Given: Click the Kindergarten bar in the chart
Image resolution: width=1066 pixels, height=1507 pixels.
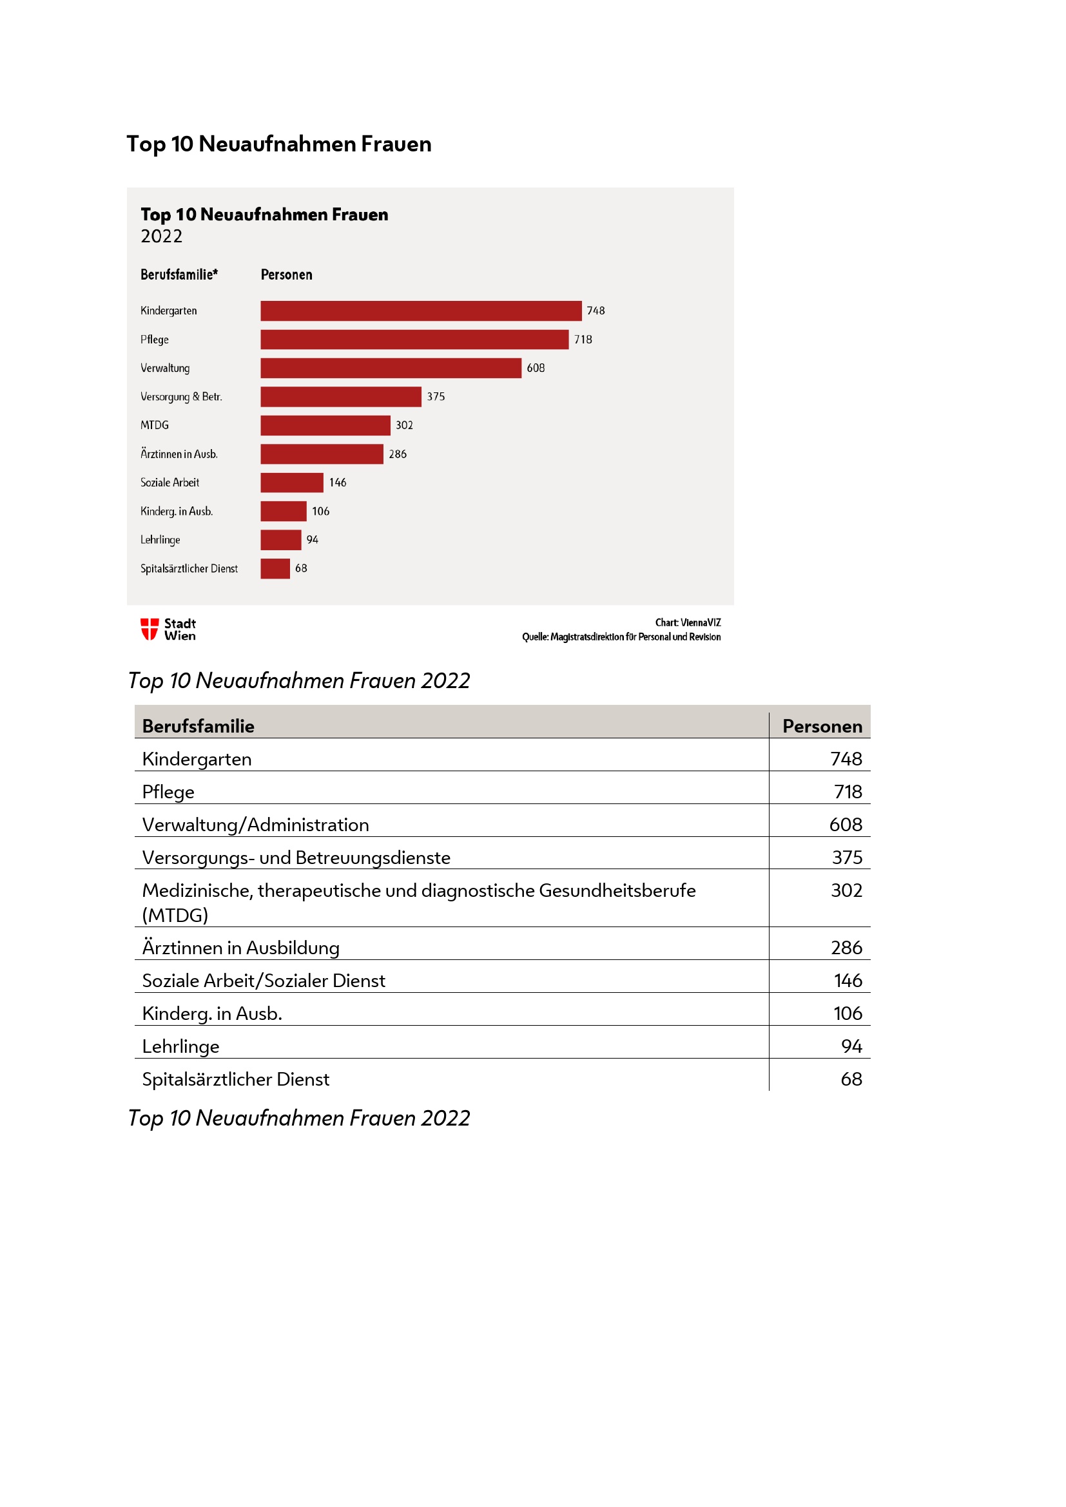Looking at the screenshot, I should click(x=421, y=311).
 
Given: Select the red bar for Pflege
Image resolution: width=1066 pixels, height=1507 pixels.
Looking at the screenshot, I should click(x=414, y=340).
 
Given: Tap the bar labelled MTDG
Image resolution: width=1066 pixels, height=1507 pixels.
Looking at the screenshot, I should click(x=325, y=425).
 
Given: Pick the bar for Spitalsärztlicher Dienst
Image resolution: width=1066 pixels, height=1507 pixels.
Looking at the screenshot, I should click(x=275, y=568).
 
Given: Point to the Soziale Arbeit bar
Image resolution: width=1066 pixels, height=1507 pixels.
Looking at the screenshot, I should click(x=291, y=483).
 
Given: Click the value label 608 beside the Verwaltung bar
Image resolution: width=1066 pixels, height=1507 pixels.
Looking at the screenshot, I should click(x=536, y=369).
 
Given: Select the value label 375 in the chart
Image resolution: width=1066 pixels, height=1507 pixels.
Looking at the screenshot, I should click(x=436, y=396).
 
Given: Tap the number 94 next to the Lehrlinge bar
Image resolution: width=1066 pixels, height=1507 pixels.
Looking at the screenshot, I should click(x=313, y=539).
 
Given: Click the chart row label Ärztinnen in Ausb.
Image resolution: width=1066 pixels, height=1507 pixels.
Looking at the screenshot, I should click(x=179, y=454).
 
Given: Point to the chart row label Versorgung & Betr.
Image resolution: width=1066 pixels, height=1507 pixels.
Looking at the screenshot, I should click(x=181, y=396).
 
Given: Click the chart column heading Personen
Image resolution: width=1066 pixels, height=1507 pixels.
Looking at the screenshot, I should click(x=286, y=275).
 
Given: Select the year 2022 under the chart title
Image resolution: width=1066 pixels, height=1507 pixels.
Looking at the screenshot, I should click(x=162, y=236).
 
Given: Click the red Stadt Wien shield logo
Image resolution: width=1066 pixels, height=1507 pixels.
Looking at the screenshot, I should click(x=150, y=629).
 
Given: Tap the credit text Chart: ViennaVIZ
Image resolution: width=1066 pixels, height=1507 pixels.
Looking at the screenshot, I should click(x=688, y=622).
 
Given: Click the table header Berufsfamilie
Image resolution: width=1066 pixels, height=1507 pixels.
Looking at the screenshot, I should click(x=199, y=726).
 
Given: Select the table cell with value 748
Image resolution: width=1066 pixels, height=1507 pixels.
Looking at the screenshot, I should click(x=846, y=759).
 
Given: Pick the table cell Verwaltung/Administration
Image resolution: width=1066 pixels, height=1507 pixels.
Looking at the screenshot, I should click(x=255, y=825).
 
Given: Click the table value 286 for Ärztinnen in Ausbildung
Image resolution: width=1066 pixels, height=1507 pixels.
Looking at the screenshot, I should click(x=846, y=947).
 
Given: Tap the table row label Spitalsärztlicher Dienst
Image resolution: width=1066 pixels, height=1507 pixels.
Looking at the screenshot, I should click(x=236, y=1079).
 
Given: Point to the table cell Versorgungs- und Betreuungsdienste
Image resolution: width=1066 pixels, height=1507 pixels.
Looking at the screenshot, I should click(x=296, y=857).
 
